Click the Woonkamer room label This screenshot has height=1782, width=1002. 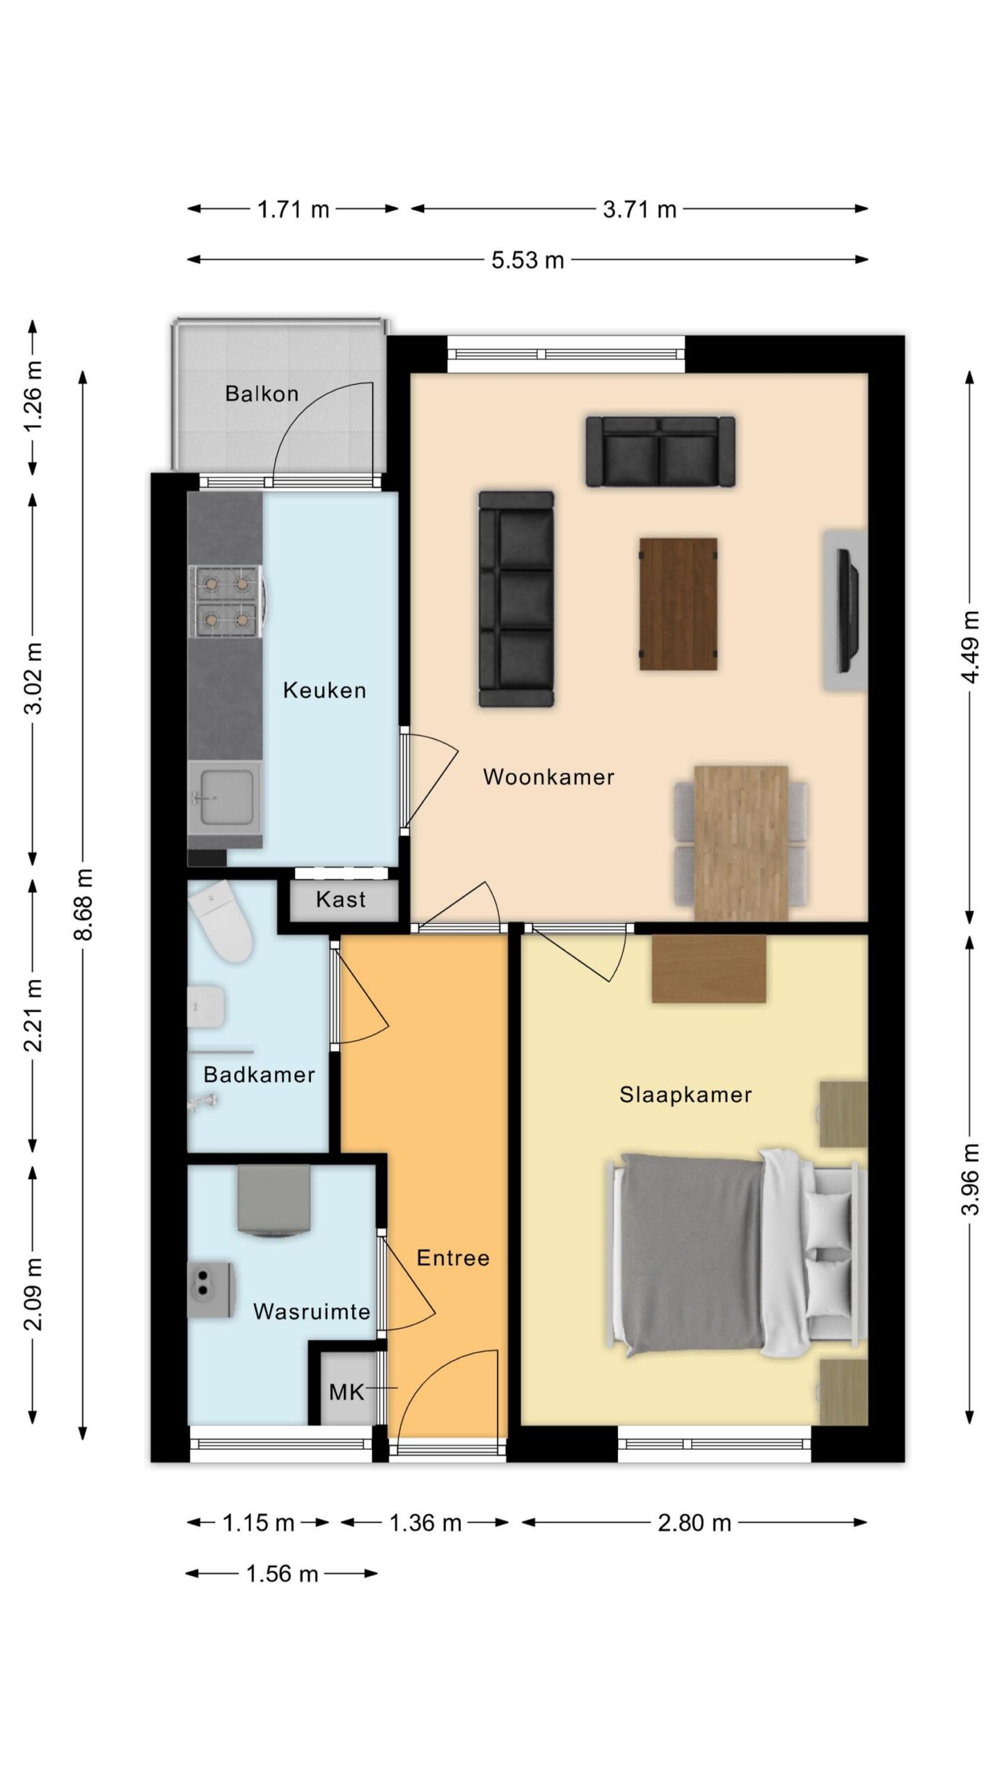click(x=548, y=777)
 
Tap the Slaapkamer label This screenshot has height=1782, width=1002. click(x=685, y=1095)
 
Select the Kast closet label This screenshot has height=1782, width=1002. click(x=340, y=899)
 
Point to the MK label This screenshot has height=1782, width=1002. click(x=347, y=1392)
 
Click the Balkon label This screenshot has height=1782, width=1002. click(x=262, y=394)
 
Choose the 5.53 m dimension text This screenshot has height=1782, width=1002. click(x=527, y=260)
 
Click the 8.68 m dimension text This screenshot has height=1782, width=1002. click(x=83, y=904)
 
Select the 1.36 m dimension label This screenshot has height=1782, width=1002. click(x=425, y=1522)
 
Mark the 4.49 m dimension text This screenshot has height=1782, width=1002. click(x=970, y=647)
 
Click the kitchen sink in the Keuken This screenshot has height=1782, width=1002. click(x=224, y=797)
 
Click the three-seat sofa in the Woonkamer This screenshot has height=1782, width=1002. click(x=516, y=599)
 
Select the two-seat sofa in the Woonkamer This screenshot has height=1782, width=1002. click(x=660, y=451)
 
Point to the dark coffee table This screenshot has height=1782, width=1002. click(x=678, y=604)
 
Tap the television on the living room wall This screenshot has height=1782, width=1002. click(x=847, y=610)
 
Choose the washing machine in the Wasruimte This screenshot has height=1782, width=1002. click(x=274, y=1202)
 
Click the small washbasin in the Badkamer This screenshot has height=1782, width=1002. click(x=207, y=1007)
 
